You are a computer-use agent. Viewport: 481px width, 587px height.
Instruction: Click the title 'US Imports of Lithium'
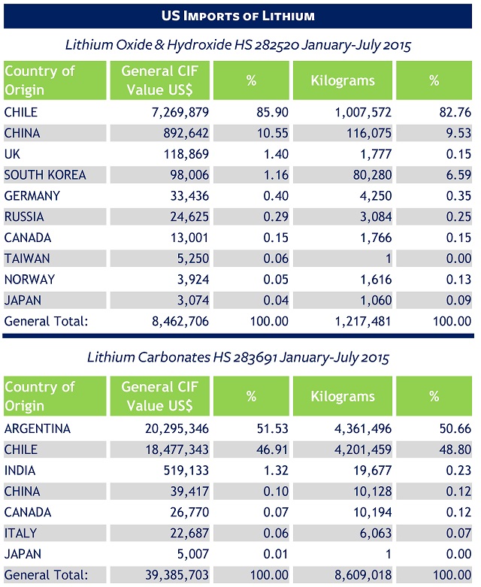[x=238, y=15]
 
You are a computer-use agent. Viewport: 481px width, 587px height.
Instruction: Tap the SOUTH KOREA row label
[x=45, y=174]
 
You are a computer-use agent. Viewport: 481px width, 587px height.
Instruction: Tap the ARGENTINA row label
[x=38, y=428]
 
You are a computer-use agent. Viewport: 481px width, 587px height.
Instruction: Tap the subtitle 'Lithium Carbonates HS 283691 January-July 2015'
[x=239, y=356]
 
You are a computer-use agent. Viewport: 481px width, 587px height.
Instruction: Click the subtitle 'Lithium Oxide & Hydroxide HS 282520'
[x=239, y=44]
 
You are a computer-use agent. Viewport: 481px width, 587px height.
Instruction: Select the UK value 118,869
[x=183, y=153]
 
